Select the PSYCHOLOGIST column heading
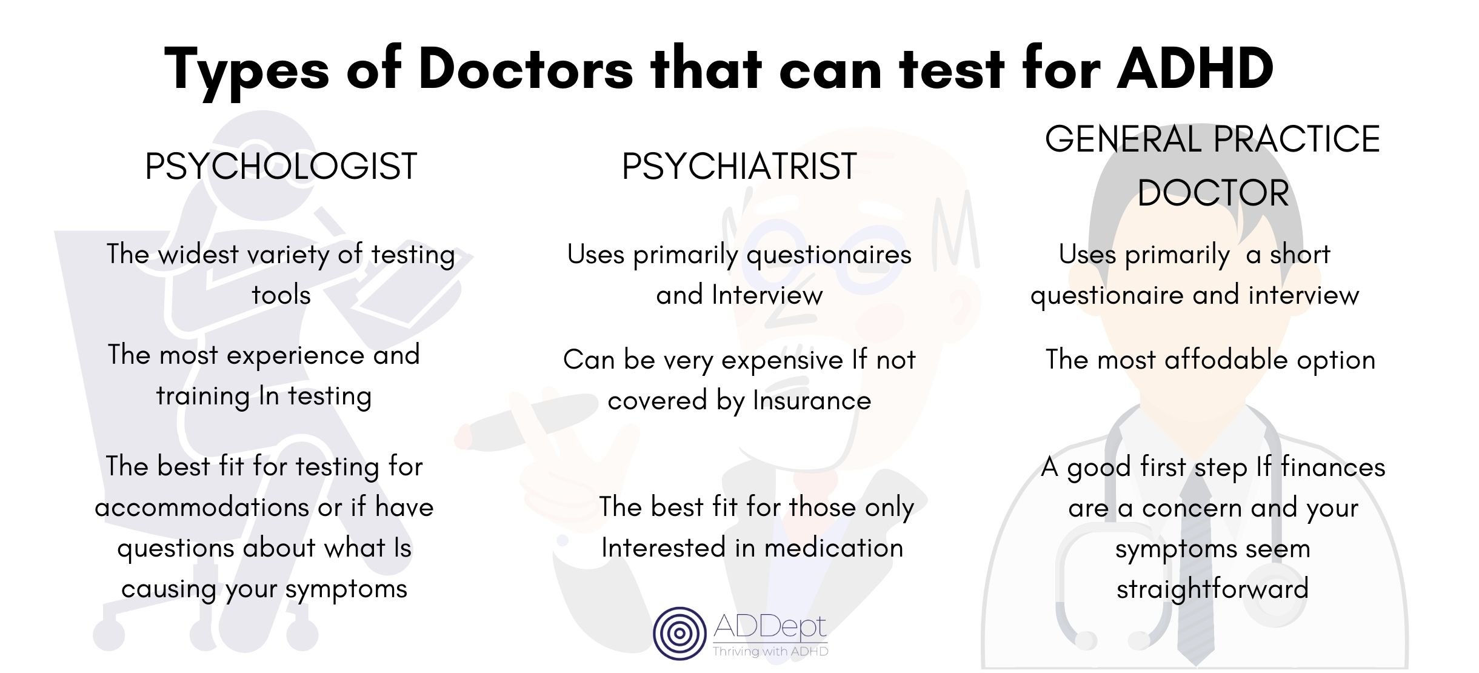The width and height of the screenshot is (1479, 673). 281,166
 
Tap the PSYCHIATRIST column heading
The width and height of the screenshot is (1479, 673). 739,166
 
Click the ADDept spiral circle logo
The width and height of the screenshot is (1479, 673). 679,633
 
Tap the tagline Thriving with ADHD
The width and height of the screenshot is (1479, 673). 770,652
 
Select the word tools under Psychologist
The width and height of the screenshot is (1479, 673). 281,295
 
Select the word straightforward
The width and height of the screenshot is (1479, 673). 1212,589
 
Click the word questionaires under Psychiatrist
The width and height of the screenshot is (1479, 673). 829,255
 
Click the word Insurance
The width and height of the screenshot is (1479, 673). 812,401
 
